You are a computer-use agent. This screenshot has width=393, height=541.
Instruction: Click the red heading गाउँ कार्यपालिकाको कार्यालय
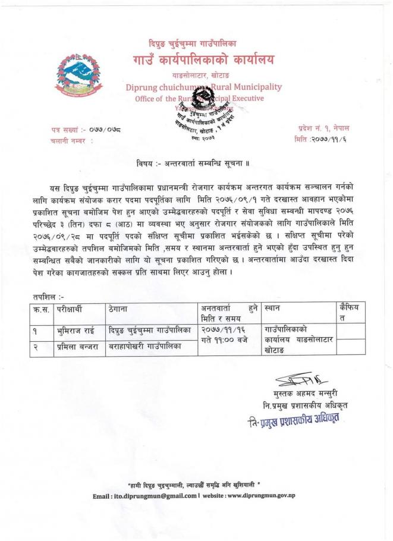click(196, 59)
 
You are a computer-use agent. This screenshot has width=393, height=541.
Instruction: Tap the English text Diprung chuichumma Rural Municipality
click(203, 87)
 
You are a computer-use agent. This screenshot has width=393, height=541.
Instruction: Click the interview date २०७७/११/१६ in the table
click(222, 329)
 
